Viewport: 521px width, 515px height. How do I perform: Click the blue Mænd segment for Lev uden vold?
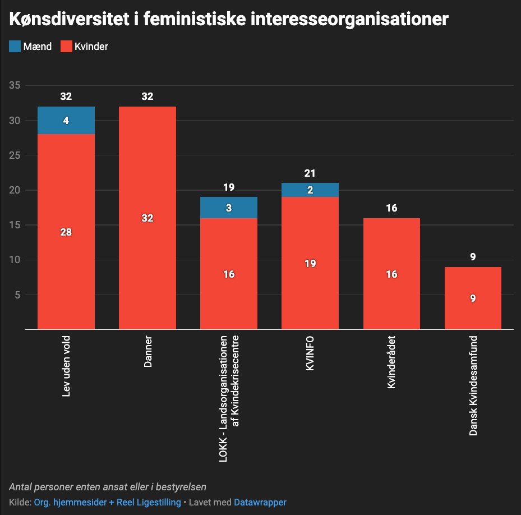pyautogui.click(x=66, y=120)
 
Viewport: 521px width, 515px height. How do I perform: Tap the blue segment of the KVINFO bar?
pyautogui.click(x=310, y=190)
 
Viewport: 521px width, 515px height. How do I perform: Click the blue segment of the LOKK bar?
pyautogui.click(x=229, y=208)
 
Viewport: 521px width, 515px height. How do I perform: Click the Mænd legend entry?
pyautogui.click(x=31, y=47)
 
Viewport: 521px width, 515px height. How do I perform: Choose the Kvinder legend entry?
pyautogui.click(x=84, y=47)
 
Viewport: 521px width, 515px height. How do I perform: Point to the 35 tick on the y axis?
pyautogui.click(x=15, y=86)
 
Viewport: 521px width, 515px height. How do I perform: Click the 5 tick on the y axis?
pyautogui.click(x=17, y=295)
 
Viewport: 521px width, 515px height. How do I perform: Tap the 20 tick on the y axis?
pyautogui.click(x=15, y=190)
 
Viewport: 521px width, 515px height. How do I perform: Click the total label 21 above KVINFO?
pyautogui.click(x=310, y=173)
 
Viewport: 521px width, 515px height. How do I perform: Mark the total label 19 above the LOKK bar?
pyautogui.click(x=229, y=187)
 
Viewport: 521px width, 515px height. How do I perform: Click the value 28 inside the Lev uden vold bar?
pyautogui.click(x=66, y=232)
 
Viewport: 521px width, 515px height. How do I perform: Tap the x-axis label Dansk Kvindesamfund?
pyautogui.click(x=473, y=386)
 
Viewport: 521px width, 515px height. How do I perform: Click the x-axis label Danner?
pyautogui.click(x=148, y=352)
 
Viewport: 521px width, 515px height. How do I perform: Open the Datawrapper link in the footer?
pyautogui.click(x=260, y=502)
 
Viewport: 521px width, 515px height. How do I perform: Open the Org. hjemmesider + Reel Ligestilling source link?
pyautogui.click(x=107, y=502)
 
